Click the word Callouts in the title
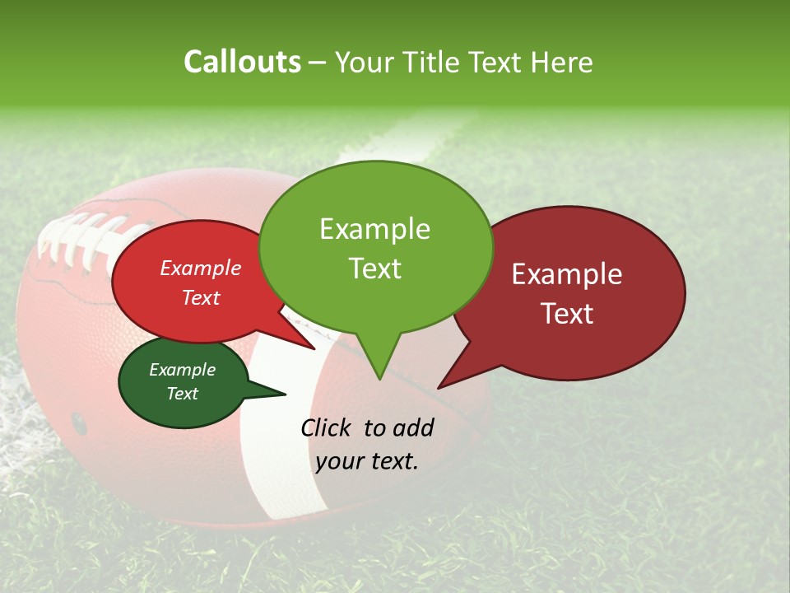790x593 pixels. point(242,62)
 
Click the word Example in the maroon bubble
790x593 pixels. point(567,274)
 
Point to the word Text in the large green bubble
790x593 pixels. point(375,268)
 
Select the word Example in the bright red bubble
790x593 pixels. point(201,268)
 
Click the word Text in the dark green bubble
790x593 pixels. point(183,394)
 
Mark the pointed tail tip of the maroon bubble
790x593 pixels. point(439,387)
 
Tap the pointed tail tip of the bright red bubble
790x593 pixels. point(314,349)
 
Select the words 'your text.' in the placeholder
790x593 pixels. point(367,461)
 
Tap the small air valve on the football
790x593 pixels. point(78,423)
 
